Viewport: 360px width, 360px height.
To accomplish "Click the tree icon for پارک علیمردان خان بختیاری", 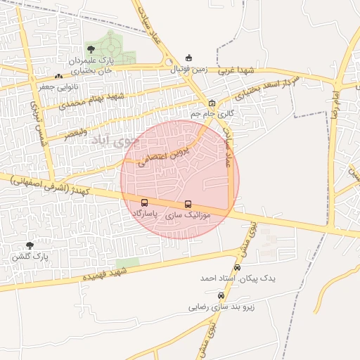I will pos(91,49).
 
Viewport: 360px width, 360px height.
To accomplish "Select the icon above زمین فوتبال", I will pos(188,58).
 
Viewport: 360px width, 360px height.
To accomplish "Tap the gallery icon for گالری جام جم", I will pos(212,103).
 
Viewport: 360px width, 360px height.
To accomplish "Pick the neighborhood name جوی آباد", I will pos(111,141).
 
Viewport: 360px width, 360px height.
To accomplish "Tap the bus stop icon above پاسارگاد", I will pos(145,202).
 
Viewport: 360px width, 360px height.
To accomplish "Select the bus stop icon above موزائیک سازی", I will pos(187,204).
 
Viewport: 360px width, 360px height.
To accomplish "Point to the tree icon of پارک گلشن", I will pos(30,245).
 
